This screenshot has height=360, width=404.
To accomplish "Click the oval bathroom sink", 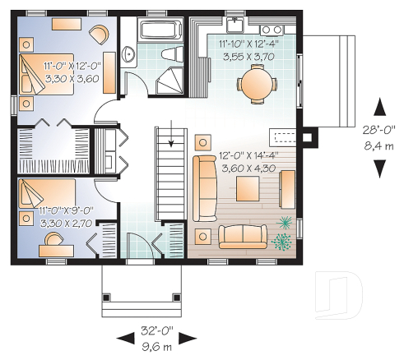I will coord(130,55).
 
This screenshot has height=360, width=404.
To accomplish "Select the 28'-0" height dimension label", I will coord(380,130).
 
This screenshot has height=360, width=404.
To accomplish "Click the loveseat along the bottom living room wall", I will coord(243,235).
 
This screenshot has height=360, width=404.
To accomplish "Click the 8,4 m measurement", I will coord(380,145).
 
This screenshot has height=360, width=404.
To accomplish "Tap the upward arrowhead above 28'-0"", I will coord(379,106).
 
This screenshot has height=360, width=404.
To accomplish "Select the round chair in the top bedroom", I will coord(98,34).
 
